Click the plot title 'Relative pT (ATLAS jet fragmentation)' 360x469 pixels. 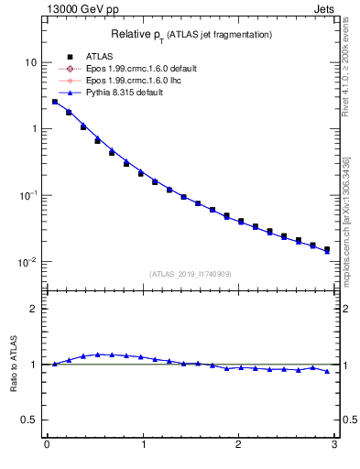191,35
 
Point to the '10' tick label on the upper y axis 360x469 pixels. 29,62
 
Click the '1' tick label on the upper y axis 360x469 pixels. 32,129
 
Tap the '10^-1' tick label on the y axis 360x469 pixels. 27,195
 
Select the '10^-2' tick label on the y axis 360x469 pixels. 27,262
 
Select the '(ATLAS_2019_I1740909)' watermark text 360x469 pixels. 191,274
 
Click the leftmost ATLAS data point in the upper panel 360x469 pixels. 55,102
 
